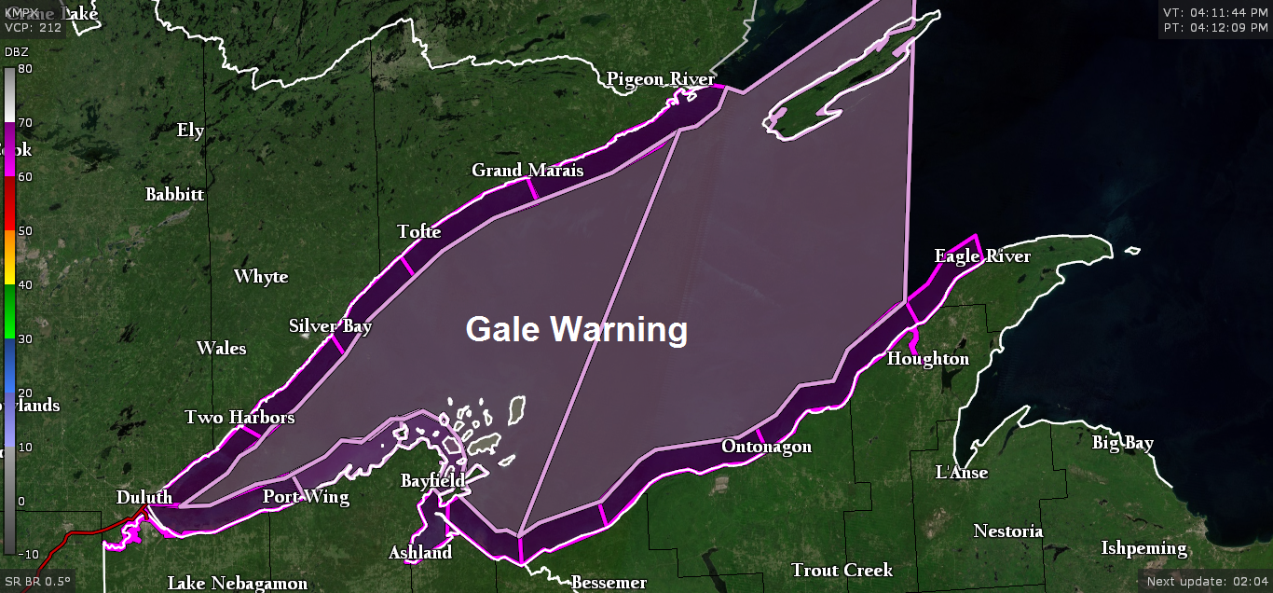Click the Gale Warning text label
pos(576,330)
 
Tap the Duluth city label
pos(144,497)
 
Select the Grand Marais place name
pos(527,170)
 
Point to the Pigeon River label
pos(661,79)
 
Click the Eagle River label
pos(982,256)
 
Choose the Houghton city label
pos(928,359)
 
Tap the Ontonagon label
pos(766,447)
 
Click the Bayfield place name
pos(432,481)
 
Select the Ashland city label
pos(420,553)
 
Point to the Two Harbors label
pos(240,417)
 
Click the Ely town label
pos(190,131)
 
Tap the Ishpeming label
pos(1143,547)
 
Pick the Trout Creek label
pos(842,570)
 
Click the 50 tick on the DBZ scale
pos(25,230)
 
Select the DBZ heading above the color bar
pos(16,51)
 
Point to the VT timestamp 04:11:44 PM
pos(1213,12)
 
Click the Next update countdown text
pos(1206,581)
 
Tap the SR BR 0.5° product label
pos(37,581)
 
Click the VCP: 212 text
pos(33,27)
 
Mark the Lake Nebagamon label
pos(238,584)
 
